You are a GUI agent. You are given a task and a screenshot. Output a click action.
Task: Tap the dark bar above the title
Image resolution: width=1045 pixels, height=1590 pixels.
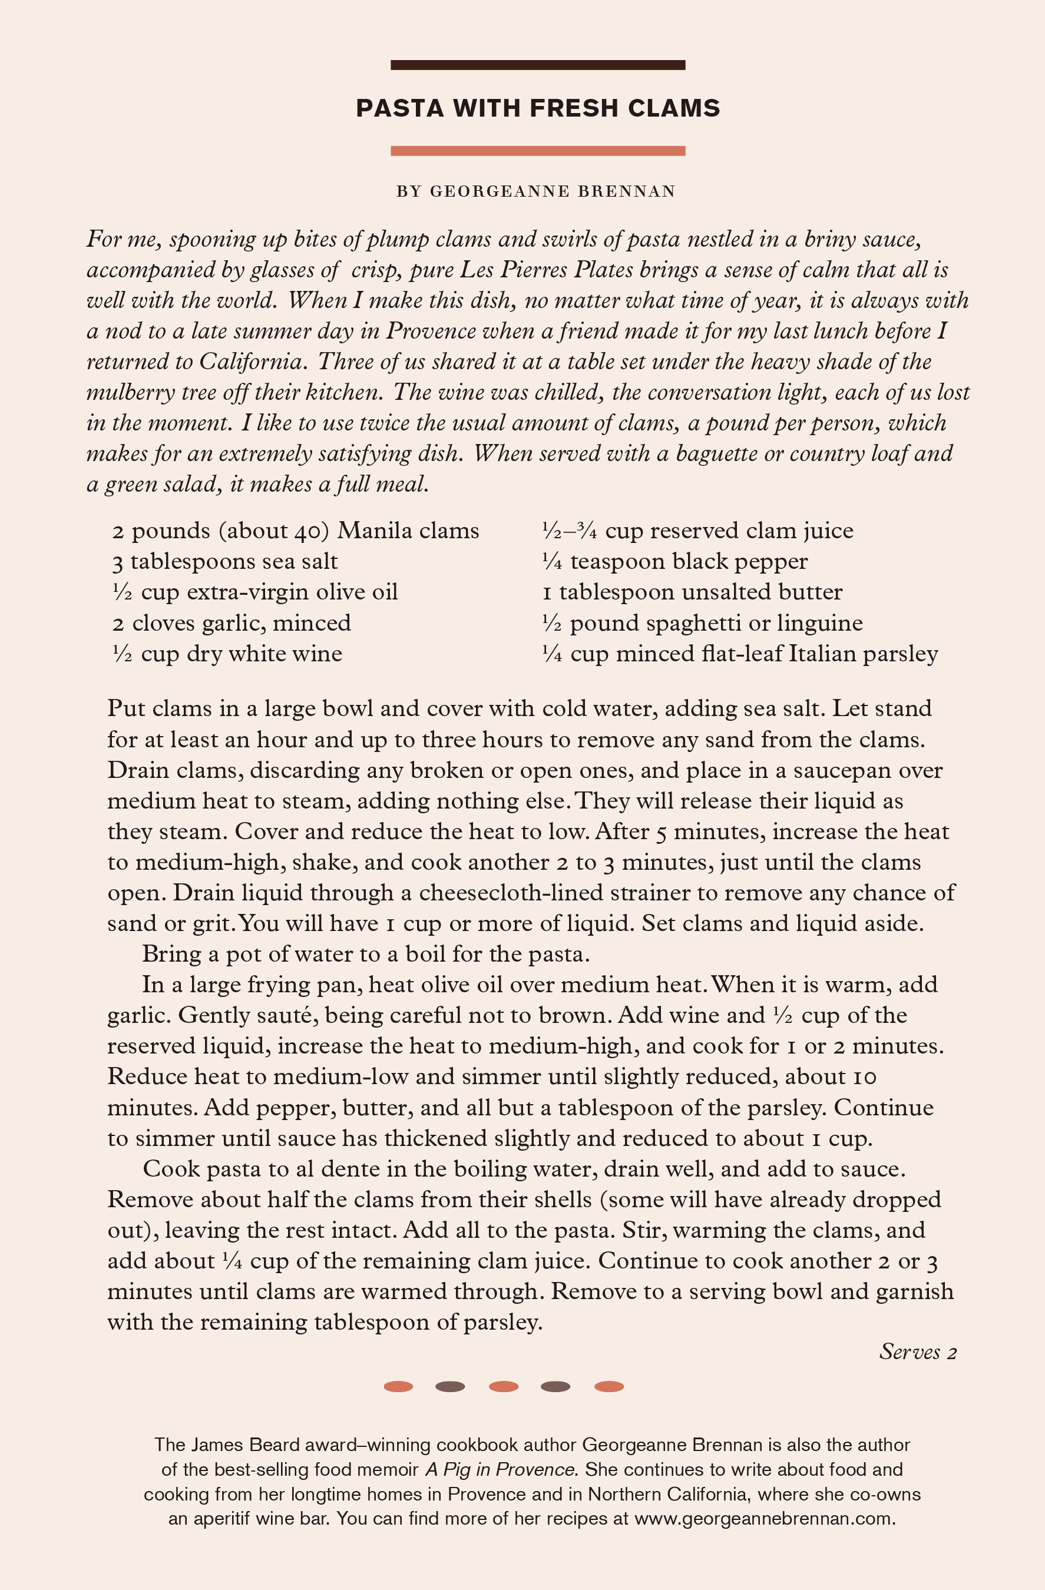pyautogui.click(x=538, y=65)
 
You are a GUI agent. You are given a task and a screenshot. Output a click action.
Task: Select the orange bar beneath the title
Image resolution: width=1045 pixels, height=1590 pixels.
pyautogui.click(x=538, y=151)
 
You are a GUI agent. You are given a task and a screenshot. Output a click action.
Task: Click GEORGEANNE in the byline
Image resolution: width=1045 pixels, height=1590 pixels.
pyautogui.click(x=500, y=192)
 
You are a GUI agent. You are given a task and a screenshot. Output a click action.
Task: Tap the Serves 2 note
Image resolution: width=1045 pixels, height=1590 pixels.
pyautogui.click(x=917, y=1352)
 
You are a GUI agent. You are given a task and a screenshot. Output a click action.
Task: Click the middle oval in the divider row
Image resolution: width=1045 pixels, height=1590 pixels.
pyautogui.click(x=504, y=1386)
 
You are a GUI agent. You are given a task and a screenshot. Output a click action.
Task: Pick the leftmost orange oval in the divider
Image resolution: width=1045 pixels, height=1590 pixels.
pyautogui.click(x=398, y=1386)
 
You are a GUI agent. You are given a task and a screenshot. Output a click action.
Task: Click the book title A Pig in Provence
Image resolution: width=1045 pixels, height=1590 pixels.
pyautogui.click(x=500, y=1469)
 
